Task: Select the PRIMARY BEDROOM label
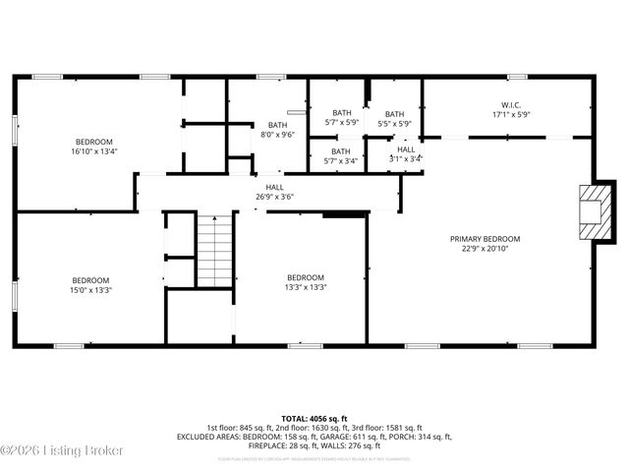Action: click(x=485, y=239)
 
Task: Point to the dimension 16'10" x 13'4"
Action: click(x=93, y=151)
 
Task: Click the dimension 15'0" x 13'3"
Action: click(x=90, y=290)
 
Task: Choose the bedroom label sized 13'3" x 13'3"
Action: click(x=306, y=277)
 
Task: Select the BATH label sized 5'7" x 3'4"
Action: click(x=341, y=151)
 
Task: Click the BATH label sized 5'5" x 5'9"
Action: click(x=394, y=114)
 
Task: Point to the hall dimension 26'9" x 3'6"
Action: click(x=274, y=197)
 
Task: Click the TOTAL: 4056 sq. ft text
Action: click(x=314, y=419)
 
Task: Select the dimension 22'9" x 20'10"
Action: click(x=485, y=249)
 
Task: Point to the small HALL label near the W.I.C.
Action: click(x=406, y=148)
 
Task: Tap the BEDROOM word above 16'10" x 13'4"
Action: click(x=93, y=142)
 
